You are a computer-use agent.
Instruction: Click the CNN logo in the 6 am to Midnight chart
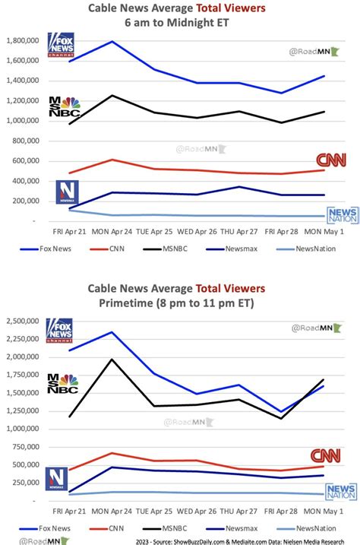(330, 160)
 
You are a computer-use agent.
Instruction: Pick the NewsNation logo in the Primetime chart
(340, 492)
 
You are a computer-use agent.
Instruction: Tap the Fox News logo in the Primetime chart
(60, 331)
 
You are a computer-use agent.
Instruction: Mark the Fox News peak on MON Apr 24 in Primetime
(112, 331)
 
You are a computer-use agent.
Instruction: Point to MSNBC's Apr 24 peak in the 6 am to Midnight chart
(112, 95)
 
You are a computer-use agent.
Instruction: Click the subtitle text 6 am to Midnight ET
(177, 22)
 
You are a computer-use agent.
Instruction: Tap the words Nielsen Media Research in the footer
(316, 540)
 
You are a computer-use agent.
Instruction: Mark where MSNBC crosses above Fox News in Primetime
(311, 392)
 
